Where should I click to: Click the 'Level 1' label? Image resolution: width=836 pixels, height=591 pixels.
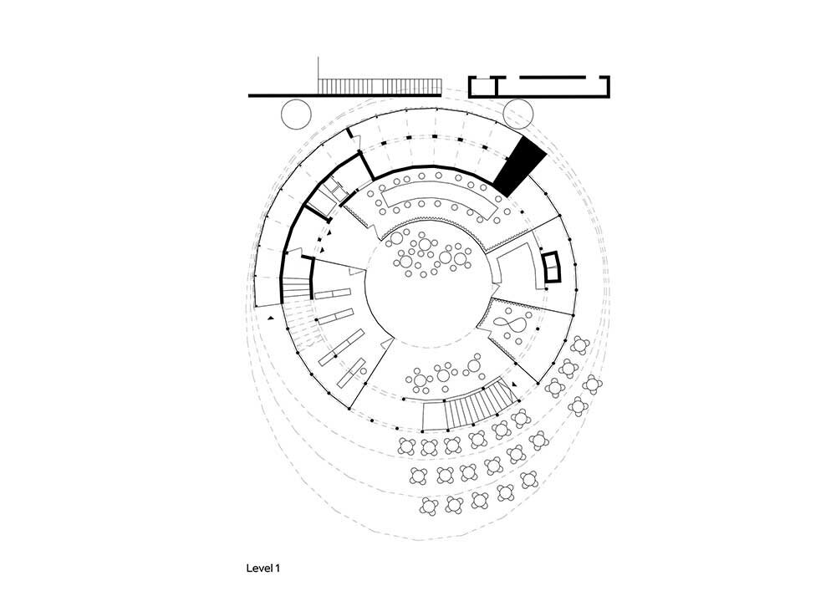pos(263,568)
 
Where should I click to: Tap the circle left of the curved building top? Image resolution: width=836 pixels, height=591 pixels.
pos(295,113)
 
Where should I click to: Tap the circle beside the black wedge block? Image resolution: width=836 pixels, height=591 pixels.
pos(518,113)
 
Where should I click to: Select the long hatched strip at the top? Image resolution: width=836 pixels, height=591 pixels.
pos(380,86)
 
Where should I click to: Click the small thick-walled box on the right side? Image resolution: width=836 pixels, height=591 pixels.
pos(552,267)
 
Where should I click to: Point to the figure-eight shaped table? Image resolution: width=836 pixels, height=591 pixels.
pos(512,323)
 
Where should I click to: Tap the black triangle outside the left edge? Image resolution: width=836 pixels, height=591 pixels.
pos(270,318)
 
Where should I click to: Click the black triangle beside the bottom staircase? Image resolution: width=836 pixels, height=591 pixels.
pos(514,384)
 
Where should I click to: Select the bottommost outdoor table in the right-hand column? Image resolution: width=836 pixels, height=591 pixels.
pos(578,406)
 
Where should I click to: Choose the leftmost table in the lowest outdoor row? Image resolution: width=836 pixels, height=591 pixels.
pos(430,506)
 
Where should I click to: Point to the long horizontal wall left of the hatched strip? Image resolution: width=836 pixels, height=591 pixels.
pos(283,95)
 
